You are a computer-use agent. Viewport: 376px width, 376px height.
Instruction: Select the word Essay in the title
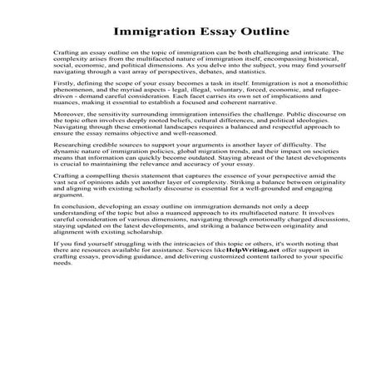coord(208,33)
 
